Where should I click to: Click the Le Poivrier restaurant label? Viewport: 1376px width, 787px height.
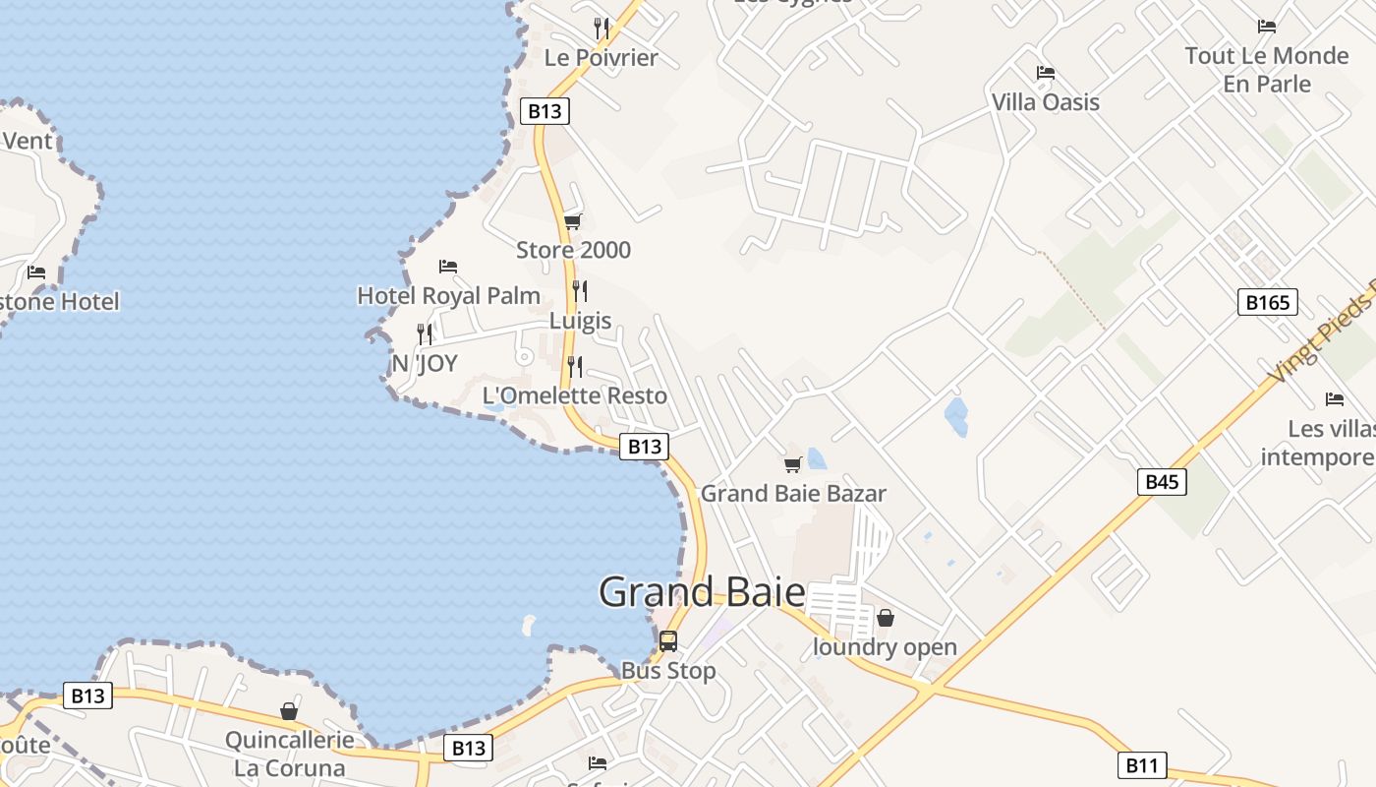[x=601, y=58]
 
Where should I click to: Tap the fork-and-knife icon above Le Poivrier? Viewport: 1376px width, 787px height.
[x=602, y=28]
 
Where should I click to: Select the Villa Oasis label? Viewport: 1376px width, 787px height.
[x=1045, y=102]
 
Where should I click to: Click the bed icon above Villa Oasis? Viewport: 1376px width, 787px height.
[x=1046, y=73]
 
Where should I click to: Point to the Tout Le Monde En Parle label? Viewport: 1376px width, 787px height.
[x=1266, y=70]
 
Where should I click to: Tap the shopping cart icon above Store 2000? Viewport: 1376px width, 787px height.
[x=573, y=221]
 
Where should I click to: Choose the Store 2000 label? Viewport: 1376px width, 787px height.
[x=573, y=250]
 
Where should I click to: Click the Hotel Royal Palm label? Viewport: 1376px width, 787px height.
[x=448, y=295]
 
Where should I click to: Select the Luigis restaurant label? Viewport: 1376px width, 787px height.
[x=580, y=321]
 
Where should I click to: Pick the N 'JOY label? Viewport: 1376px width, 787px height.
[x=425, y=364]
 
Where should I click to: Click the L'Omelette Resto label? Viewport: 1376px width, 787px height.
[x=574, y=395]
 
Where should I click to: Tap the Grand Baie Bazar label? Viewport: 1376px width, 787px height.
[x=792, y=494]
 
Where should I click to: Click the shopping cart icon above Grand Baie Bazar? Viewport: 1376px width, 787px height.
[x=792, y=464]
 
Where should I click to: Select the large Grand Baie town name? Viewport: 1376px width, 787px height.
[x=702, y=592]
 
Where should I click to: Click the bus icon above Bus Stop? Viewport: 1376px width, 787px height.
[x=668, y=641]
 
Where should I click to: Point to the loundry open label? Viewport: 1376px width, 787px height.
[x=885, y=647]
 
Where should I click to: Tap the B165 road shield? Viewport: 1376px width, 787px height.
[x=1267, y=302]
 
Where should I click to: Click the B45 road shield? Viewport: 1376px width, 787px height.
[x=1162, y=482]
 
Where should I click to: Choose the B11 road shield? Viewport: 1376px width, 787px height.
[x=1141, y=764]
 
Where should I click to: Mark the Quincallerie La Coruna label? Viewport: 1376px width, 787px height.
[x=289, y=754]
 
